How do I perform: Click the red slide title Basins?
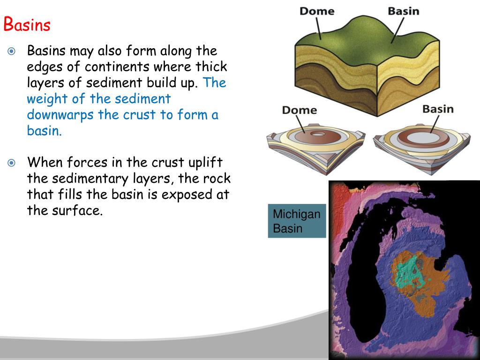tap(27, 25)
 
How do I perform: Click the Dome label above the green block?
tap(316, 10)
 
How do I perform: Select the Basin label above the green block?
tap(403, 10)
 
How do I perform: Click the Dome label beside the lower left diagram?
tap(299, 110)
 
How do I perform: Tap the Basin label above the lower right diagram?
tap(438, 109)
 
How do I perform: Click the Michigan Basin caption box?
tap(297, 221)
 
